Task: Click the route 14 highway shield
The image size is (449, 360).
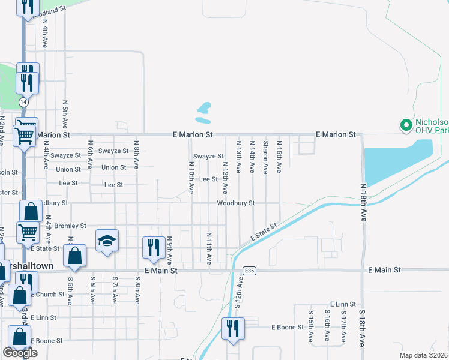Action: tap(23, 103)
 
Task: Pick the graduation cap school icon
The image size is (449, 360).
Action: tap(107, 241)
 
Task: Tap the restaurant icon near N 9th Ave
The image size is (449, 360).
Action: tap(153, 247)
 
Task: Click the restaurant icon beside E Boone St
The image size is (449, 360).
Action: tap(231, 328)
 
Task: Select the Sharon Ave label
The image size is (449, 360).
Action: tap(265, 158)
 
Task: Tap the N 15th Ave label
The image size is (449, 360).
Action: tap(279, 157)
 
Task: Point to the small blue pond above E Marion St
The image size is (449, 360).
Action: tap(204, 109)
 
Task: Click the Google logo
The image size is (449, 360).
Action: tap(20, 353)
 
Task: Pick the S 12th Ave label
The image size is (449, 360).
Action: tap(238, 296)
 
